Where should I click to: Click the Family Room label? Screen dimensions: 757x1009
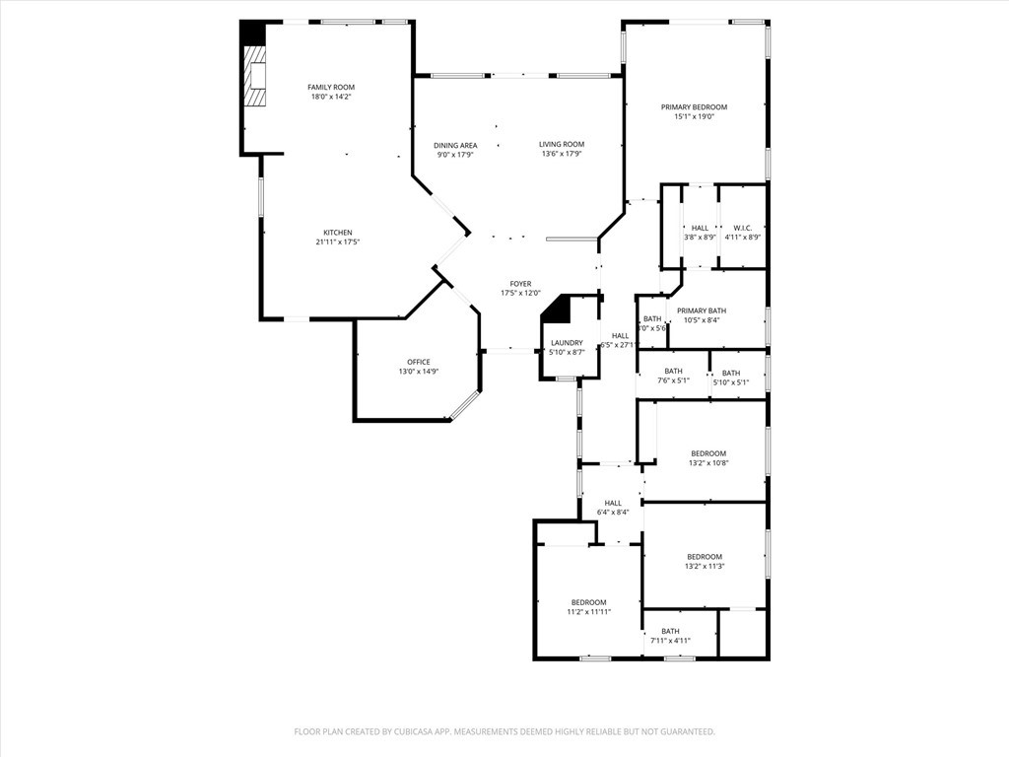[x=330, y=88]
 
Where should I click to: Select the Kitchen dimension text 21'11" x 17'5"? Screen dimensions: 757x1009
[x=338, y=242]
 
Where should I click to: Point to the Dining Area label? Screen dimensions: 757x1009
[x=455, y=145]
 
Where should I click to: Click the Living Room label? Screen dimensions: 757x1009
[x=562, y=145]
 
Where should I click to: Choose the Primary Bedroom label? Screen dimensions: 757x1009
[x=694, y=106]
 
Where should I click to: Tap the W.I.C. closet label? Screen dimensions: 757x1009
[x=742, y=228]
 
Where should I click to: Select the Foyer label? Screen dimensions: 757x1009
[x=520, y=284]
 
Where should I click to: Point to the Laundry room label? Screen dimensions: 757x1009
[x=567, y=343]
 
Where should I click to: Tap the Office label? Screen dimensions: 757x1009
[x=418, y=362]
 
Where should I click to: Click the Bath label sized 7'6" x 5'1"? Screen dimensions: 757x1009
[x=673, y=371]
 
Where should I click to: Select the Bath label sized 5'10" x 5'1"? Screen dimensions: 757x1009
[x=730, y=373]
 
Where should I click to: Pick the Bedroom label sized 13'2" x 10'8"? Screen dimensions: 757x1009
[x=707, y=453]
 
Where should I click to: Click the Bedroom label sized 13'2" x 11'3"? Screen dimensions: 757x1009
[x=705, y=556]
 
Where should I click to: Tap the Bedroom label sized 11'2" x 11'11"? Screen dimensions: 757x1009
[x=588, y=602]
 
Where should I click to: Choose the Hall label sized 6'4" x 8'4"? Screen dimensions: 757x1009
[x=613, y=502]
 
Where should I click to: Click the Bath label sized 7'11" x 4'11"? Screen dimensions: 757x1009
[x=670, y=631]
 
